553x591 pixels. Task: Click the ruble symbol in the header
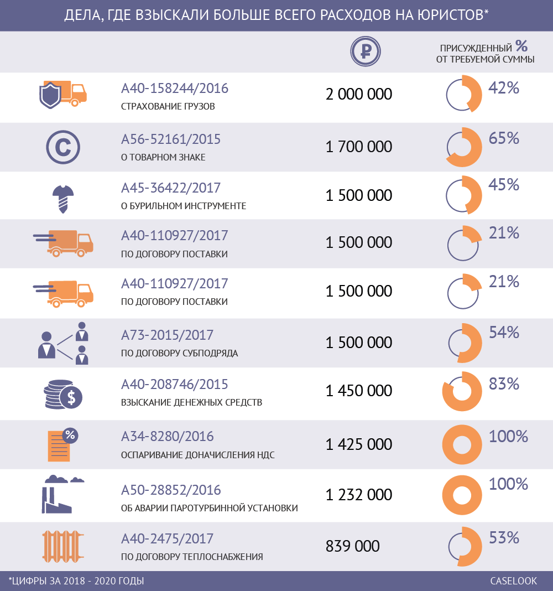(365, 51)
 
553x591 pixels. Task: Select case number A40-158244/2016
(175, 88)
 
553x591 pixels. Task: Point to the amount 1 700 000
(359, 147)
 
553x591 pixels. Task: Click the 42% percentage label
(504, 88)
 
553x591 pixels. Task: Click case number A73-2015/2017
(167, 335)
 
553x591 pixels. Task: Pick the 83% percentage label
(504, 383)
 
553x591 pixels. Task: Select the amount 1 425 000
(359, 444)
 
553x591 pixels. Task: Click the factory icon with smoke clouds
(59, 494)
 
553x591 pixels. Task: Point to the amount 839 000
(353, 546)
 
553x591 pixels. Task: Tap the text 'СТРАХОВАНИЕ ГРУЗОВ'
(168, 106)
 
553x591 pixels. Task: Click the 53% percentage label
(504, 537)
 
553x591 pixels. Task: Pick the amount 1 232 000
(359, 494)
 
